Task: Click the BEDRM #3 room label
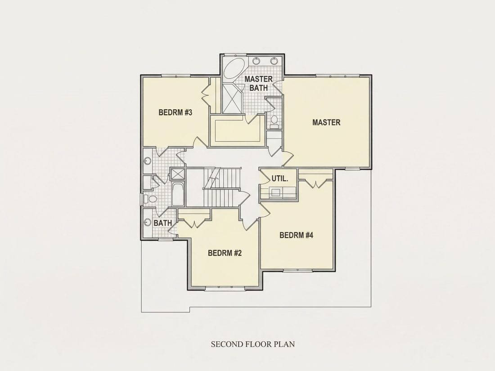pyautogui.click(x=175, y=112)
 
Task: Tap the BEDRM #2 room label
pyautogui.click(x=225, y=253)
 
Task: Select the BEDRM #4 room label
pyautogui.click(x=296, y=235)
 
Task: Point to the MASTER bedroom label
pyautogui.click(x=326, y=122)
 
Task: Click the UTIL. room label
pyautogui.click(x=280, y=179)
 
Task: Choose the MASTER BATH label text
pyautogui.click(x=259, y=83)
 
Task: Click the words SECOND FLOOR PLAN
pyautogui.click(x=253, y=344)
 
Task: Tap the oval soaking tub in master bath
pyautogui.click(x=234, y=68)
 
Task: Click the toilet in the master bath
pyautogui.click(x=274, y=121)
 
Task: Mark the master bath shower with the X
pyautogui.click(x=232, y=98)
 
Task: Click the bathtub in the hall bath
pyautogui.click(x=178, y=194)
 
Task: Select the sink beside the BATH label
pyautogui.click(x=147, y=223)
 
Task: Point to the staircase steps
pyautogui.click(x=221, y=188)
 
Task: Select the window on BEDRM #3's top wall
pyautogui.click(x=175, y=76)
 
